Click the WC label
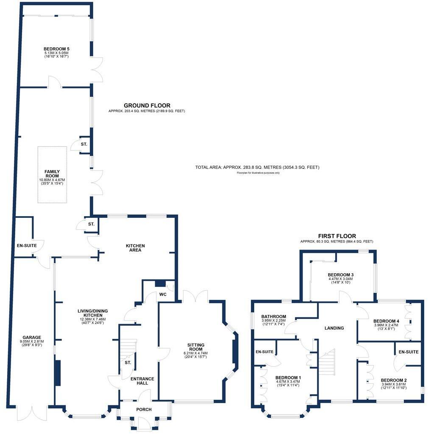pyautogui.click(x=163, y=294)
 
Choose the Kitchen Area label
pyautogui.click(x=135, y=248)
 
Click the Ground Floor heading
pyautogui.click(x=147, y=105)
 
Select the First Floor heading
pyautogui.click(x=337, y=236)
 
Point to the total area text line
pyautogui.click(x=257, y=168)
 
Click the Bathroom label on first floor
pyautogui.click(x=273, y=316)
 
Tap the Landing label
pyautogui.click(x=334, y=328)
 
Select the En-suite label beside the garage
pyautogui.click(x=24, y=245)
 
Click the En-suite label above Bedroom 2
pyautogui.click(x=408, y=352)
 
